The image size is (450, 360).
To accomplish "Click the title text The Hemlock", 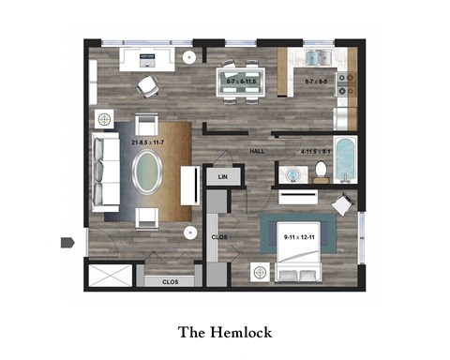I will [x=224, y=332].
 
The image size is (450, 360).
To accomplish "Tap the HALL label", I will [x=256, y=151].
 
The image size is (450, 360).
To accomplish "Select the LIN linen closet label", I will [x=223, y=175].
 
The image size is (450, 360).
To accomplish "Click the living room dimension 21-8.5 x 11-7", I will [x=148, y=142].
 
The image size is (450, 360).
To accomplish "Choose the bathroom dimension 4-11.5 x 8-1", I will [x=314, y=150].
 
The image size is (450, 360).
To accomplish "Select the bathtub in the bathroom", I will [x=346, y=159].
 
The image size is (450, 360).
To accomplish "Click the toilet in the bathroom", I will [x=321, y=170].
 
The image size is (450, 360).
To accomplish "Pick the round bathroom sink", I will [x=292, y=173].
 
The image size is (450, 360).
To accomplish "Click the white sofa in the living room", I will [x=104, y=172].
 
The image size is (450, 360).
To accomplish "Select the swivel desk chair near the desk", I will [x=147, y=85].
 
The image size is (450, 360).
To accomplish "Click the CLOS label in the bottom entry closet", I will [x=170, y=280].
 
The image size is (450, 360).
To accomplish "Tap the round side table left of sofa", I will [x=103, y=119].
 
